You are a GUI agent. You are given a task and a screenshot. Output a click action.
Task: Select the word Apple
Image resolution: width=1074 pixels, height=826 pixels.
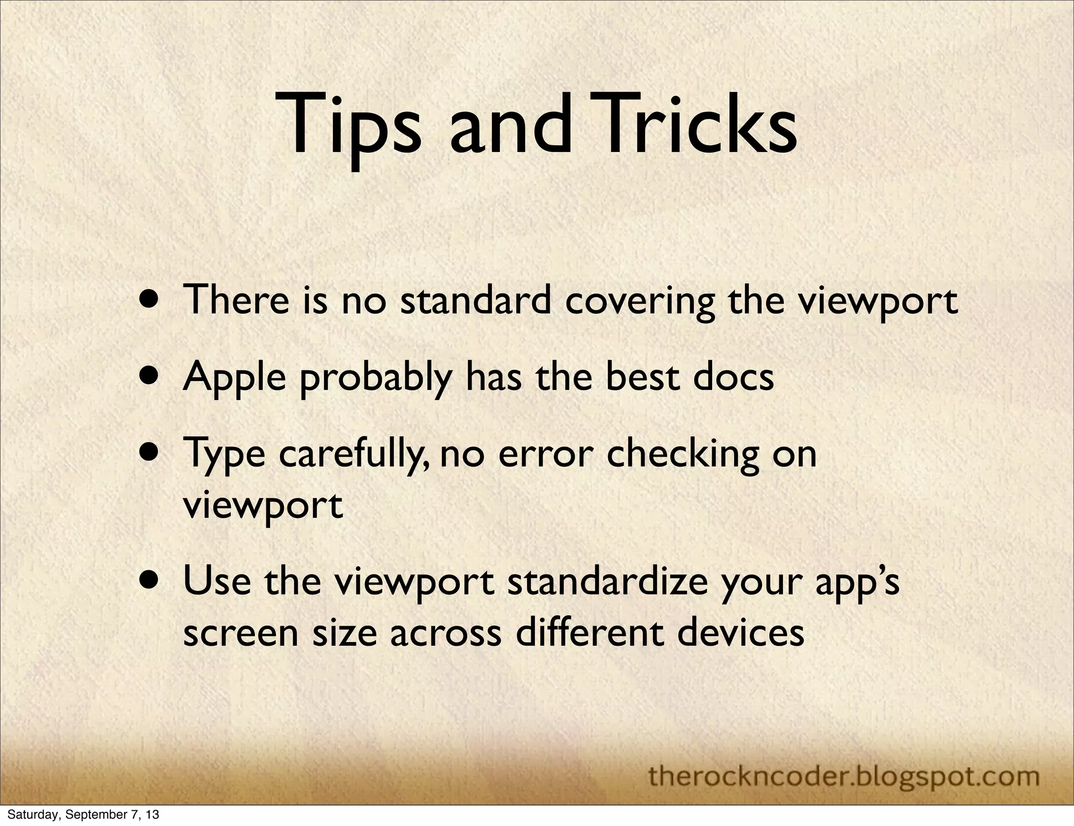click(x=234, y=377)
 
